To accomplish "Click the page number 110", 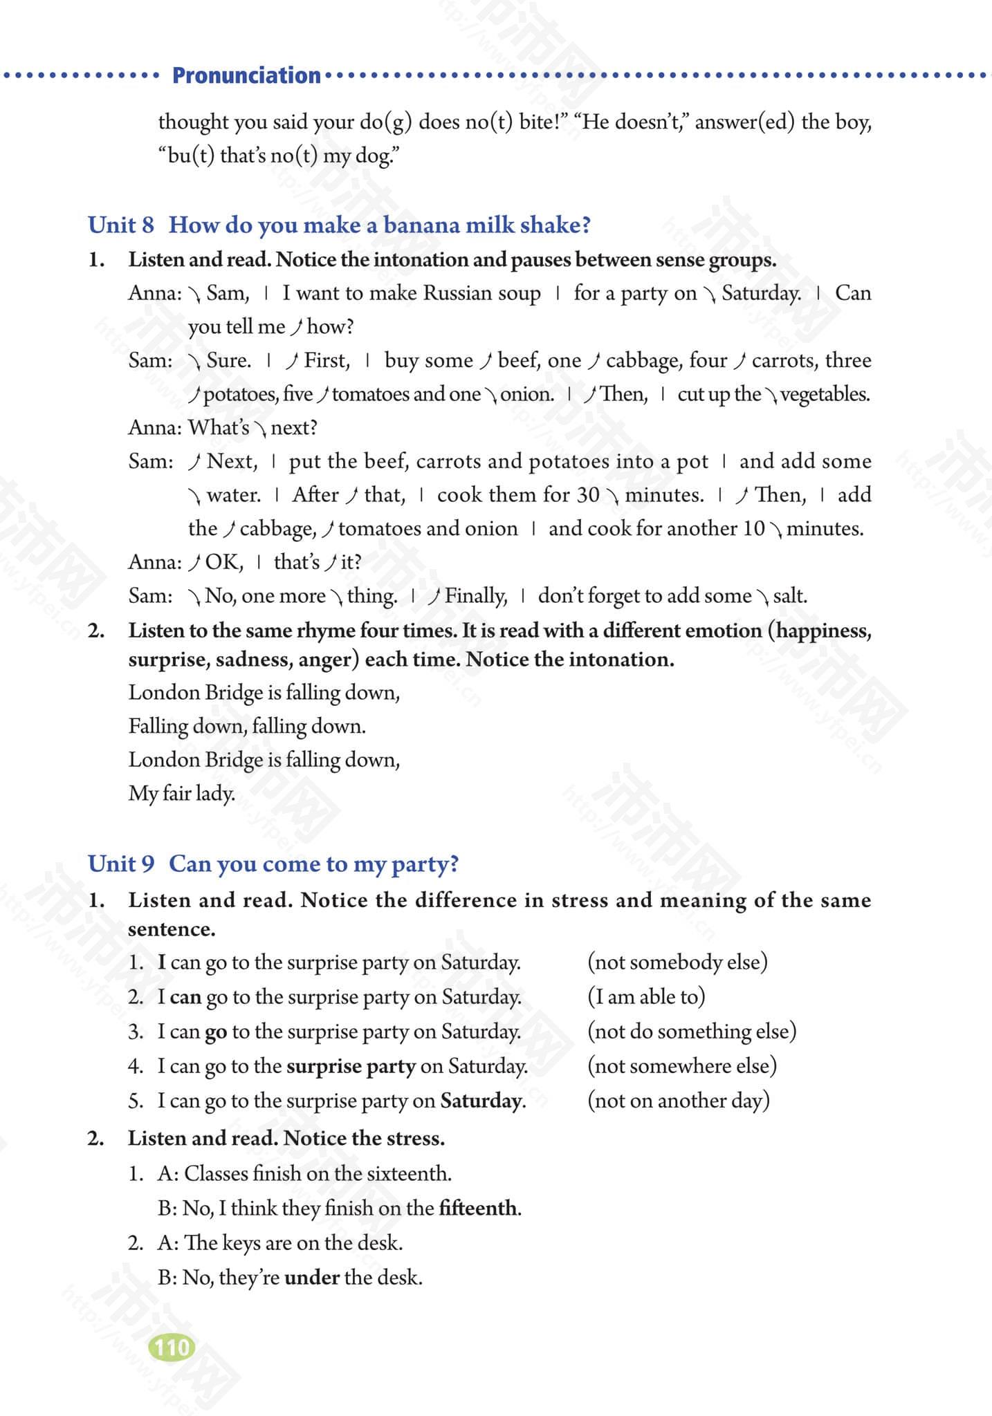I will coord(172,1348).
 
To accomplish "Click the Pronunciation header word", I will coord(246,75).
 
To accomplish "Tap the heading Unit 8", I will coord(121,225).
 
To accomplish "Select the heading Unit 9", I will coord(121,864).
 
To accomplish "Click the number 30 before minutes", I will coord(588,495).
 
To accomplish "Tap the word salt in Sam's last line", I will coord(790,596).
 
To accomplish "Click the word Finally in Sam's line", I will coord(476,596).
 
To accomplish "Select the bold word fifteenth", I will coord(478,1208).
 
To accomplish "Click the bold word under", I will coord(311,1277).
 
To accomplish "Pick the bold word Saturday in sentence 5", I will coord(481,1100).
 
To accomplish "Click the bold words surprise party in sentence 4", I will coord(351,1065).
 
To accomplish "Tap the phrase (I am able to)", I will coord(646,996).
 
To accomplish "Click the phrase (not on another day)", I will coord(678,1100).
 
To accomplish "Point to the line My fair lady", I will coord(181,793).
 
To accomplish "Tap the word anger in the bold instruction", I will coord(328,660).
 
